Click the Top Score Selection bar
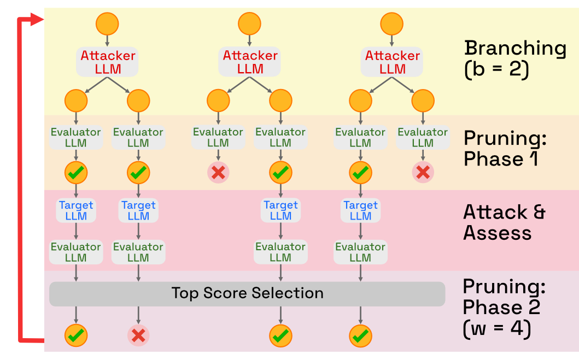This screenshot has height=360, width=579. [247, 294]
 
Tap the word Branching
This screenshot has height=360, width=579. [515, 48]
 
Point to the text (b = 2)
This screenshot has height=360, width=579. [496, 71]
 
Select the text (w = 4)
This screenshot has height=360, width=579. [496, 330]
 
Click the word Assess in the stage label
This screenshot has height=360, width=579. [497, 233]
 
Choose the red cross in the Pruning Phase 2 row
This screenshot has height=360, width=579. [138, 335]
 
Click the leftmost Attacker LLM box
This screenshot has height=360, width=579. [108, 62]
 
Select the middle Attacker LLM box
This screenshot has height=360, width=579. [250, 62]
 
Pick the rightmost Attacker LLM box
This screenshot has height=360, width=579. [392, 62]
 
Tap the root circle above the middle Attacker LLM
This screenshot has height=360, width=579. [250, 23]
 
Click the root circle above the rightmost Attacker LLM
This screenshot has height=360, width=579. [392, 23]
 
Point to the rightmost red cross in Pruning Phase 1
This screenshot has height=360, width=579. [423, 173]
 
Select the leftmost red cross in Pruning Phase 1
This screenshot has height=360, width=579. [218, 173]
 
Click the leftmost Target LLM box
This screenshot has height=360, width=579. [76, 211]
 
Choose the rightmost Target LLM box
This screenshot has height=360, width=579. [360, 211]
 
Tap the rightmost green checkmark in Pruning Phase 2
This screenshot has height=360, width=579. [360, 335]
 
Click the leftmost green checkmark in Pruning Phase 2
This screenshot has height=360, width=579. [76, 335]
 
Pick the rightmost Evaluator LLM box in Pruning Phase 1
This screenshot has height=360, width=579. [423, 138]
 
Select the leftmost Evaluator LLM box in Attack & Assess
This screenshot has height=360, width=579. [76, 252]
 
